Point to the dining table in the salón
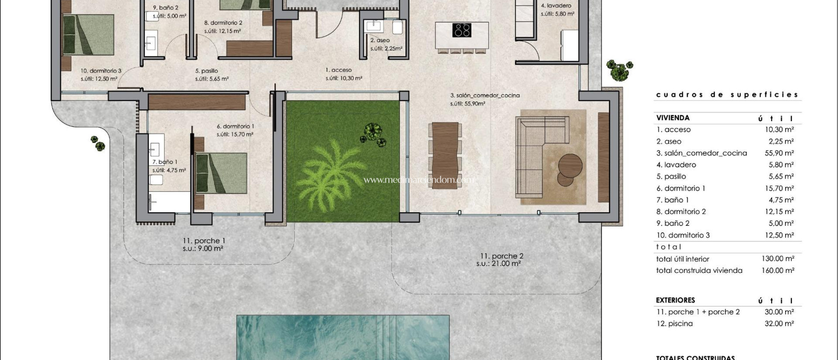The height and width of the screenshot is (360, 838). [x=445, y=155]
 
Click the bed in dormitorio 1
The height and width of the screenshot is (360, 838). [x=221, y=173]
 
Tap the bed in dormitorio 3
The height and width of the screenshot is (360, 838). [x=88, y=34]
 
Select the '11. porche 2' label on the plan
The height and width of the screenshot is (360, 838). [x=502, y=256]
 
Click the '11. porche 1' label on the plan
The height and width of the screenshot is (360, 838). [x=204, y=241]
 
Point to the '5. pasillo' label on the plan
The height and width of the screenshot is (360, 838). [x=206, y=71]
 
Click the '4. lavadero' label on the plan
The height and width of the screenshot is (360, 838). [x=556, y=6]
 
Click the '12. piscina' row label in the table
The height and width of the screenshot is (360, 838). [x=674, y=324]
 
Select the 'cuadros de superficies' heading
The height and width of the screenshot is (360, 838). [x=727, y=94]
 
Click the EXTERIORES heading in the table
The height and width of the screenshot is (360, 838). [x=675, y=300]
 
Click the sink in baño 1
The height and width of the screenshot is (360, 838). [x=155, y=149]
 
